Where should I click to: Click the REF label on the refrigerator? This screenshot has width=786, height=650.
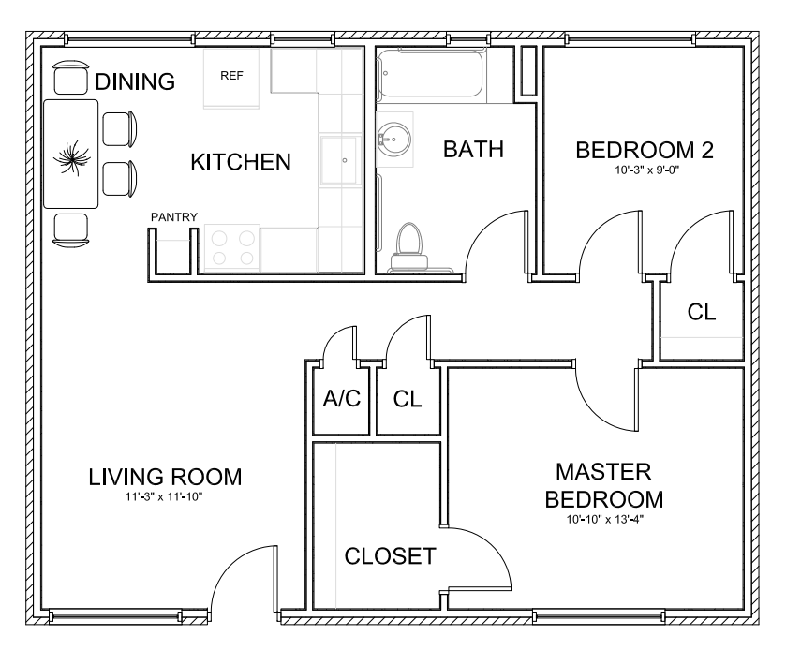231,76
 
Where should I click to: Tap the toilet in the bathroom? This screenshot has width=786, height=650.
409,247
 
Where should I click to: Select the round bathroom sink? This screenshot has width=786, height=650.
394,138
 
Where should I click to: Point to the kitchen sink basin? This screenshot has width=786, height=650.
340,160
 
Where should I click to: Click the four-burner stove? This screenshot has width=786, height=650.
232,248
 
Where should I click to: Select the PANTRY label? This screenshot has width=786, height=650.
174,217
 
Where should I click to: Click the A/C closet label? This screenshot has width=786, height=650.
341,399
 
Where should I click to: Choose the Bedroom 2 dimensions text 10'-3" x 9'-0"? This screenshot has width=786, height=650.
646,170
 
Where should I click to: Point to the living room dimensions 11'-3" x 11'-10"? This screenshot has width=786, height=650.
164,497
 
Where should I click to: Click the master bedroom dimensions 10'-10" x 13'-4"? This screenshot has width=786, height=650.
604,520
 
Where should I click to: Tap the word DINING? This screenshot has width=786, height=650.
135,81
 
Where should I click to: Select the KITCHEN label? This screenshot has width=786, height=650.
241,162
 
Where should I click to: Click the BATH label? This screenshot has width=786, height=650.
473,149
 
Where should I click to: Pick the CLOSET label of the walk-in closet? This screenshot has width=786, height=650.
390,556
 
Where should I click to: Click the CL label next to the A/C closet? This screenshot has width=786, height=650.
407,399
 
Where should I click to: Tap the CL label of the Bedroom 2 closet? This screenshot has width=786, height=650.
702,312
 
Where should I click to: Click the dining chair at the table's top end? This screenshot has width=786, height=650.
71,78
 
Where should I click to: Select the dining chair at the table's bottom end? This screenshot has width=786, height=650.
70,230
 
